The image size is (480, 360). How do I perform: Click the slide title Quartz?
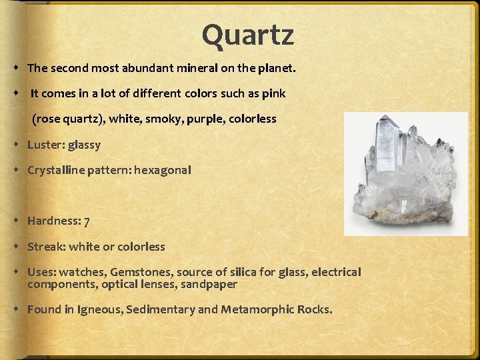(x=247, y=35)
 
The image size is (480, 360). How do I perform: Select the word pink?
(x=273, y=93)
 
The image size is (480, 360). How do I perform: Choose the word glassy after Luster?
(x=84, y=145)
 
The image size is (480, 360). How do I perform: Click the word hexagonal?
(x=162, y=170)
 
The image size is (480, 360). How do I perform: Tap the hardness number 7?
(x=86, y=221)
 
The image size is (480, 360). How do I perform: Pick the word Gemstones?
(x=141, y=272)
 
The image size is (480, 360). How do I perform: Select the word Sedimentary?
(x=160, y=310)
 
